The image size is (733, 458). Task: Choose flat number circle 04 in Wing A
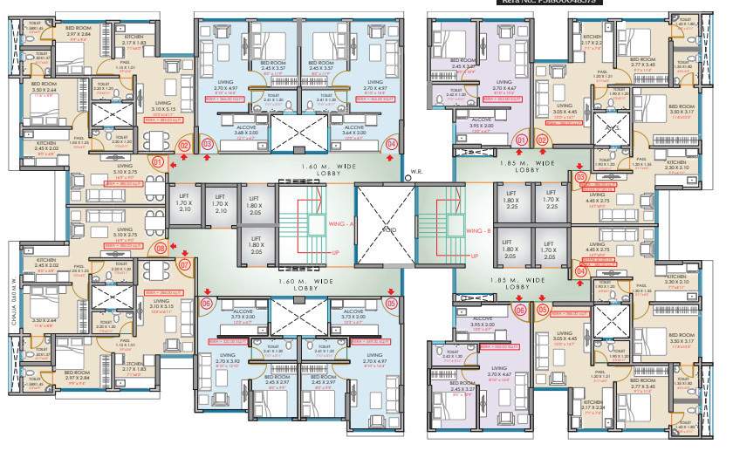391,144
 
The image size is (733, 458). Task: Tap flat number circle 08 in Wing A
160,248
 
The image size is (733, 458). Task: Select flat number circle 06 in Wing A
207,304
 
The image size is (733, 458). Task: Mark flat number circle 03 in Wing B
580,178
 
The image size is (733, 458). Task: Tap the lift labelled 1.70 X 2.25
550,203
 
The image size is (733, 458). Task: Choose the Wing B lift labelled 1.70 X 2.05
550,254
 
